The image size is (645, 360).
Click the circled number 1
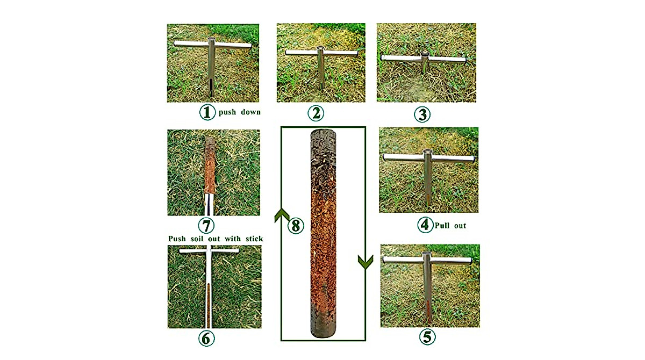(x=207, y=112)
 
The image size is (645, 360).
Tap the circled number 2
(x=316, y=113)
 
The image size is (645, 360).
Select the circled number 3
(x=422, y=114)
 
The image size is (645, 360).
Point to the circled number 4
(x=425, y=225)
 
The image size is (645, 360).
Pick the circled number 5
(x=427, y=337)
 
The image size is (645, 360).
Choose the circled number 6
(x=206, y=338)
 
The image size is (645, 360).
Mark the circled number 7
(x=206, y=225)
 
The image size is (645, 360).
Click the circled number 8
(x=296, y=226)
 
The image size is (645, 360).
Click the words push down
(x=240, y=112)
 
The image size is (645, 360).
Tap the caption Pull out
(x=450, y=225)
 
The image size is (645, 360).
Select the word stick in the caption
(x=254, y=239)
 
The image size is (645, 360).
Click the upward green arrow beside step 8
(x=282, y=215)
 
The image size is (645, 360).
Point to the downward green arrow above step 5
(x=365, y=262)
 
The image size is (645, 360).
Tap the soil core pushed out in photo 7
(x=210, y=165)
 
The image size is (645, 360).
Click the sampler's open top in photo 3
(x=425, y=54)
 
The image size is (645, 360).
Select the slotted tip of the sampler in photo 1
(x=211, y=87)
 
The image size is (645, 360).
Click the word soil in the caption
(x=199, y=239)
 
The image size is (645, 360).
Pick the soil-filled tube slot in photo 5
(x=428, y=311)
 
